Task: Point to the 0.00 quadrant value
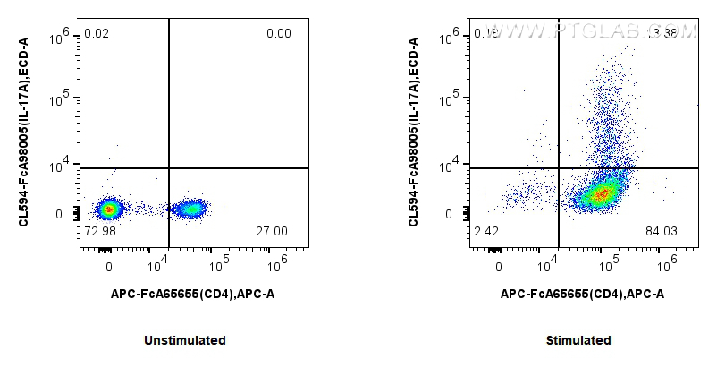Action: click(278, 34)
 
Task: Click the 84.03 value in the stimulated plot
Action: click(662, 231)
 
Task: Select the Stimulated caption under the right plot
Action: click(578, 340)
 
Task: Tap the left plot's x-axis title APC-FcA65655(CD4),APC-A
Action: click(192, 293)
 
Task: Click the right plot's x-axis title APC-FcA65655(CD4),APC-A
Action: click(582, 293)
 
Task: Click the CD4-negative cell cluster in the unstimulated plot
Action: click(109, 209)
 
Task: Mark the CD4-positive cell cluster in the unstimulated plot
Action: click(190, 209)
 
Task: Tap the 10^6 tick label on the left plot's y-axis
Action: click(60, 36)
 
